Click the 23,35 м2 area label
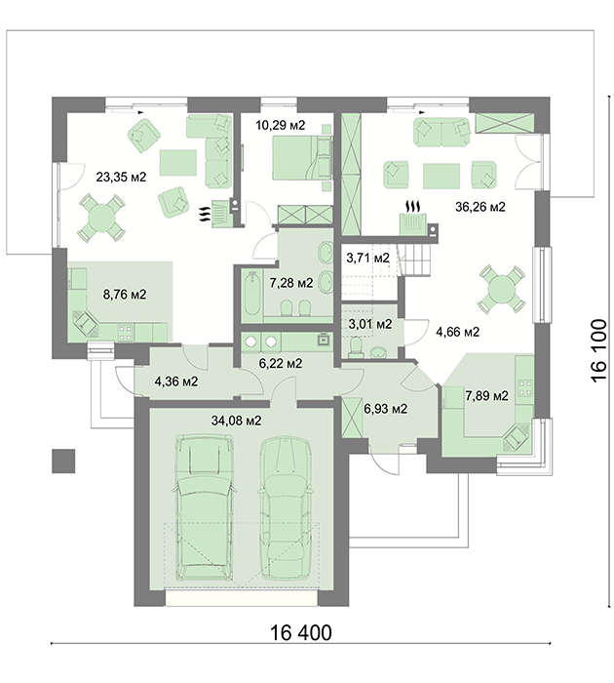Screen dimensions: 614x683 (x=121, y=178)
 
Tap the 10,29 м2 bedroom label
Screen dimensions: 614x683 (x=281, y=126)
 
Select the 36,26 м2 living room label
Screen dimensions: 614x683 (x=480, y=207)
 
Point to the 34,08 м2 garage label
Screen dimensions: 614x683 (x=236, y=421)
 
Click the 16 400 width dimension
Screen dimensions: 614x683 (x=301, y=632)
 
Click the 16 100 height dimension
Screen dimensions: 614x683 (x=598, y=350)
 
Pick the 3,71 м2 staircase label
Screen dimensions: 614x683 (x=367, y=259)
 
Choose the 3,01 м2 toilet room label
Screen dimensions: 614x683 (x=370, y=324)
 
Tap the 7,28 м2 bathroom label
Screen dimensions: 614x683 (x=291, y=283)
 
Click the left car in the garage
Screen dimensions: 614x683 (x=204, y=508)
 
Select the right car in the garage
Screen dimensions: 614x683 (x=285, y=507)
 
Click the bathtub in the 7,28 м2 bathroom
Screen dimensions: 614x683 (x=251, y=293)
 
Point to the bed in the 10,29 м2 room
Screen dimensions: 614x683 (x=302, y=158)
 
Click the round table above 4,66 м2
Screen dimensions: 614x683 (x=502, y=289)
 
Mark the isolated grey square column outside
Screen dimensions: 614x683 (x=63, y=461)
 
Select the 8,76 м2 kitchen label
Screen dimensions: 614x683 (x=125, y=295)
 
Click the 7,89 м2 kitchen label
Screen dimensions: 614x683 (x=486, y=396)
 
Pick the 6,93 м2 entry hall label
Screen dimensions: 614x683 (x=386, y=409)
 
